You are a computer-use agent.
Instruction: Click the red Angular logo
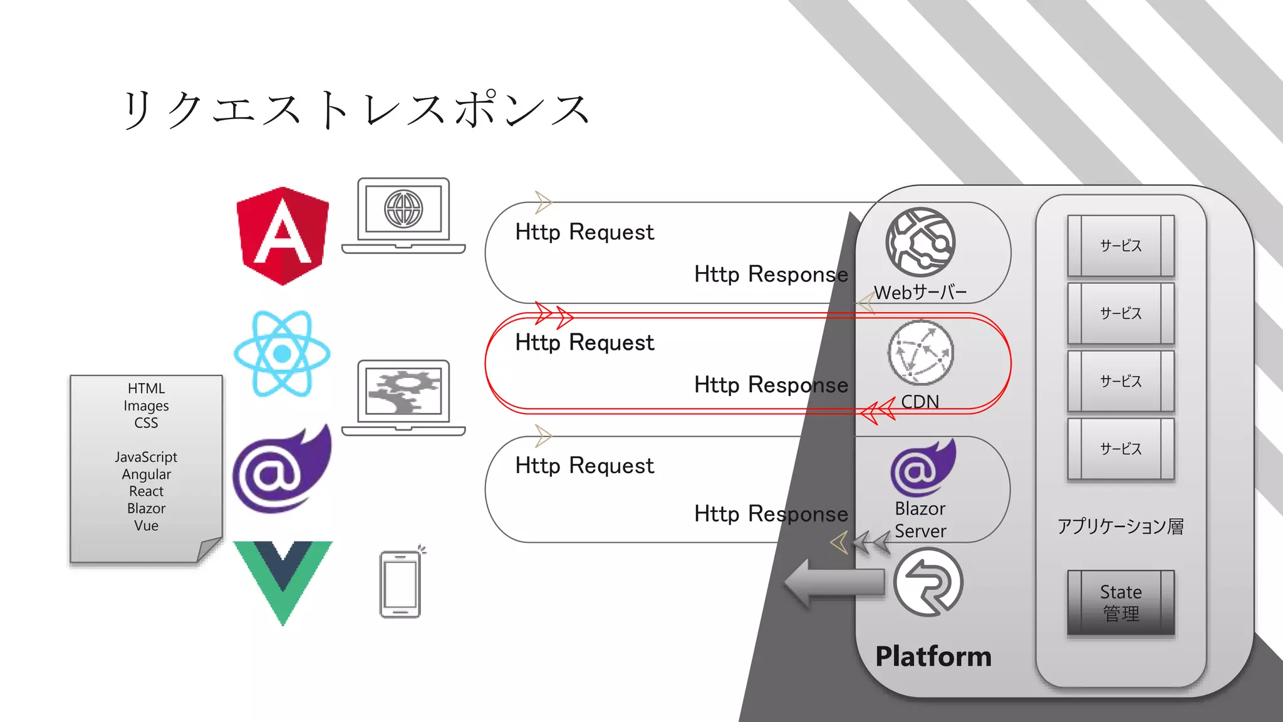pyautogui.click(x=283, y=236)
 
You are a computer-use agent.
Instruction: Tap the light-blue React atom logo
pyautogui.click(x=282, y=353)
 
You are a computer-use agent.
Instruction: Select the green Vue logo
pyautogui.click(x=283, y=580)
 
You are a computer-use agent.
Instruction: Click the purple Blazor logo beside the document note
pyautogui.click(x=281, y=469)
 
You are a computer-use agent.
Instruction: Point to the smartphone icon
pyautogui.click(x=401, y=584)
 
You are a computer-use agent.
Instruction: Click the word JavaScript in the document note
pyautogui.click(x=146, y=457)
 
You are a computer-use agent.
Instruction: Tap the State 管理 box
pyautogui.click(x=1121, y=602)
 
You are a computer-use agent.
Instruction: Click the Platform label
pyautogui.click(x=933, y=656)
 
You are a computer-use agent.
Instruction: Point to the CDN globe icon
pyautogui.click(x=920, y=353)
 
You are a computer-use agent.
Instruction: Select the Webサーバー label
pyautogui.click(x=920, y=292)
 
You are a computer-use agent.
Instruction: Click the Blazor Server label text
pyautogui.click(x=920, y=520)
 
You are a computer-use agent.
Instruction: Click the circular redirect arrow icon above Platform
pyautogui.click(x=928, y=582)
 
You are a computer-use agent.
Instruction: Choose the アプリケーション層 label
pyautogui.click(x=1120, y=526)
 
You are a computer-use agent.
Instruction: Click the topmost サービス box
pyautogui.click(x=1121, y=246)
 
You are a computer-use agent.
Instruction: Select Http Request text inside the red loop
pyautogui.click(x=584, y=343)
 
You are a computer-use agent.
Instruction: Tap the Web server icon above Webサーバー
pyautogui.click(x=920, y=242)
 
